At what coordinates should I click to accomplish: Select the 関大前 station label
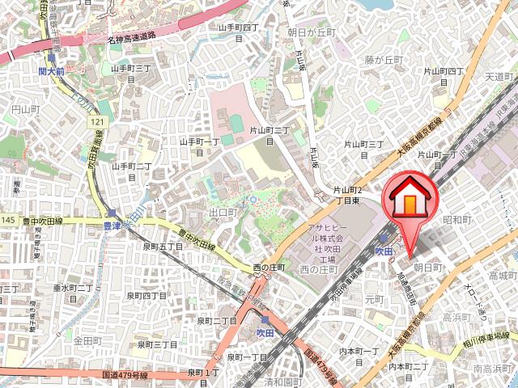pos(52,70)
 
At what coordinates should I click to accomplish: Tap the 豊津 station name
pos(112,226)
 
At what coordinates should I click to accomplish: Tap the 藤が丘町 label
pos(383,60)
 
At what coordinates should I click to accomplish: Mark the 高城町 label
pos(502,276)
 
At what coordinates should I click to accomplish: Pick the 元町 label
pos(375,298)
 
